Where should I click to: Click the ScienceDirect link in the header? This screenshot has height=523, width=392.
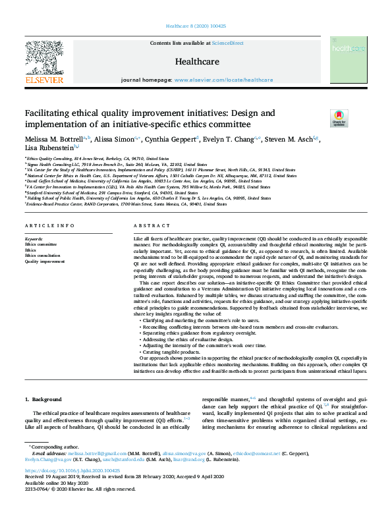pos(227,43)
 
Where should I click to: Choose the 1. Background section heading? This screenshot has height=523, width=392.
pos(43,400)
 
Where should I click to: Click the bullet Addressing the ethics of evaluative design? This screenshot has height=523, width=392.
pos(191,340)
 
